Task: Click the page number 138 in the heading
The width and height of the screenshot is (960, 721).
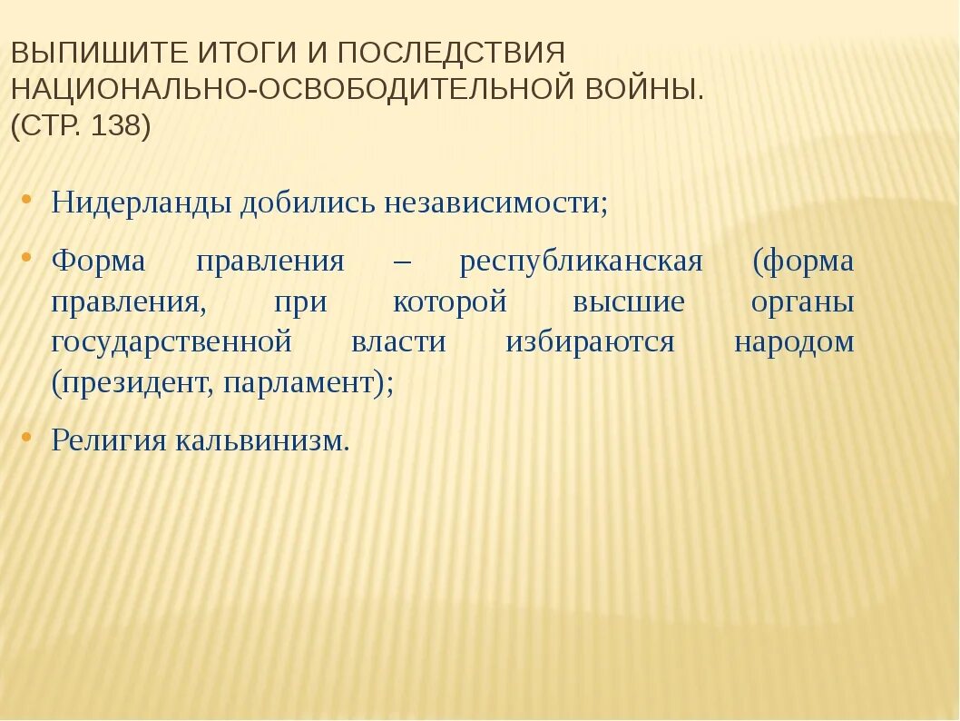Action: click(x=114, y=125)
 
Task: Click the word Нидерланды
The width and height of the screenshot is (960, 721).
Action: click(x=142, y=202)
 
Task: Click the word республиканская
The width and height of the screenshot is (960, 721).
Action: click(x=581, y=262)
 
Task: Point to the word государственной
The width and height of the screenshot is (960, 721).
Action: click(x=171, y=342)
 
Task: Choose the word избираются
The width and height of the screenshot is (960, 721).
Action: click(x=590, y=342)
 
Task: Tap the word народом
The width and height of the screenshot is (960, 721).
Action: click(x=794, y=342)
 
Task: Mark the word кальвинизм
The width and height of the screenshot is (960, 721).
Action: click(x=262, y=440)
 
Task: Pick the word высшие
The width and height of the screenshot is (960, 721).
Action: click(x=628, y=301)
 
